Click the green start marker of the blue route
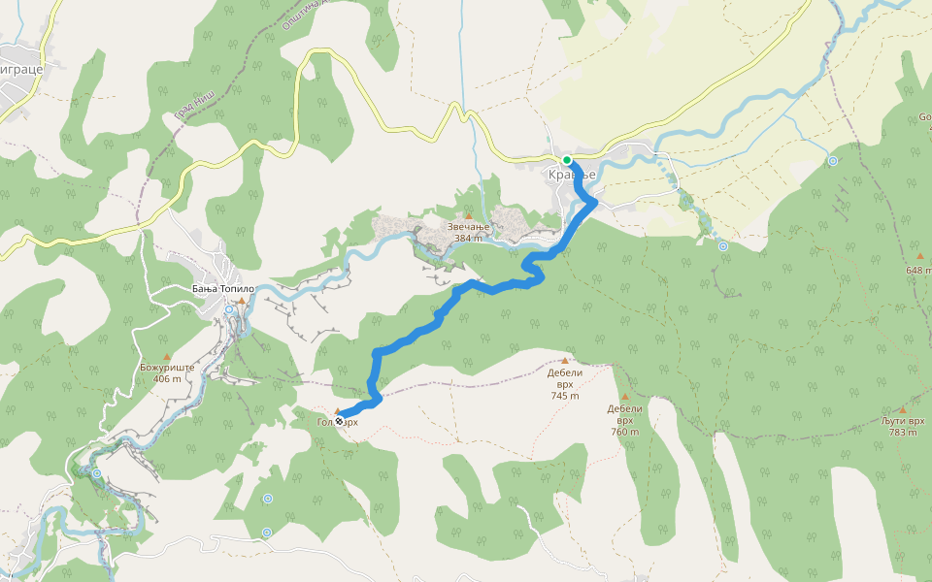point(567,160)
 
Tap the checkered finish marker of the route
point(339,420)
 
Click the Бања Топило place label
point(222,289)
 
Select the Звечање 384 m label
point(468,233)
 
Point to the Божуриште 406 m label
point(167,373)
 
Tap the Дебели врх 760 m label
point(625,420)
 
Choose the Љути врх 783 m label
point(902,427)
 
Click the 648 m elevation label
point(918,270)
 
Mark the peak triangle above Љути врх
point(902,409)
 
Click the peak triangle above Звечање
point(468,216)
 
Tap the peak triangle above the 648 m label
point(919,256)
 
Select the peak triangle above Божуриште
point(166,357)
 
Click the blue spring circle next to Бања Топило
point(230,309)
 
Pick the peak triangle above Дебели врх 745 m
point(564,360)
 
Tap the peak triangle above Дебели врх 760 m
point(625,397)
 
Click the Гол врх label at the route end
point(338,422)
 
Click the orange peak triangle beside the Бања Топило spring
point(241,302)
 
